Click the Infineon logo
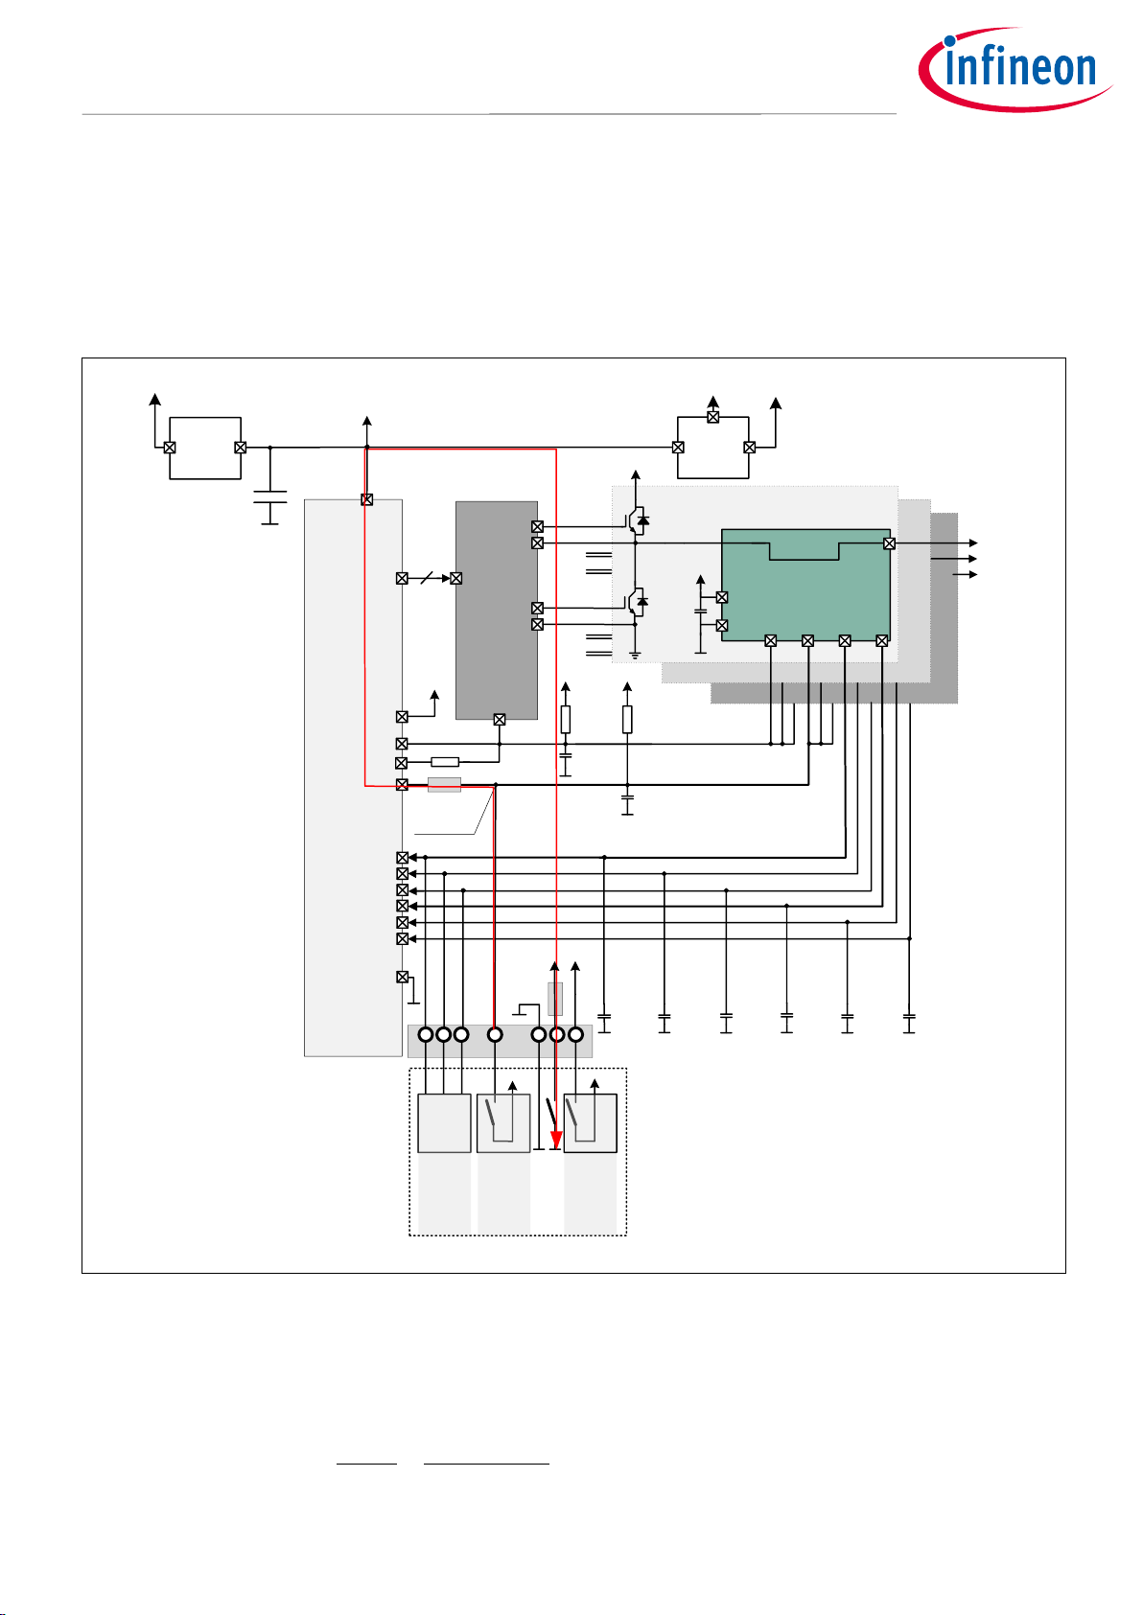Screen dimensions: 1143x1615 1015,69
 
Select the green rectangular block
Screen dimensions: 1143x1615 805,585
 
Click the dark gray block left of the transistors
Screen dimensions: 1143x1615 496,610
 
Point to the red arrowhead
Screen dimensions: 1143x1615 556,1140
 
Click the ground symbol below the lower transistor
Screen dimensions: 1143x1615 635,655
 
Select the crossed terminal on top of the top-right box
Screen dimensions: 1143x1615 712,417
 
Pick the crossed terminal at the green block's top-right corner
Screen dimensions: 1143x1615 889,542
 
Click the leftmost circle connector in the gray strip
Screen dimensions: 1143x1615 426,1034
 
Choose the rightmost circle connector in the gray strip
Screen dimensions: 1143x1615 575,1034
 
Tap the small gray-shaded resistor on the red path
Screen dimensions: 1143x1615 444,784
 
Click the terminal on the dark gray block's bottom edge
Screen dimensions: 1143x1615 499,720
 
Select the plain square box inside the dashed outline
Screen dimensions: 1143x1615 444,1123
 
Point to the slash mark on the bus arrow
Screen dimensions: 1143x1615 427,578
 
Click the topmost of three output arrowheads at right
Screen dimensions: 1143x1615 973,542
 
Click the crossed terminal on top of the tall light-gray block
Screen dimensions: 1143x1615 366,499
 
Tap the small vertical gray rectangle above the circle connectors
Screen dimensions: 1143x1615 555,999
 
